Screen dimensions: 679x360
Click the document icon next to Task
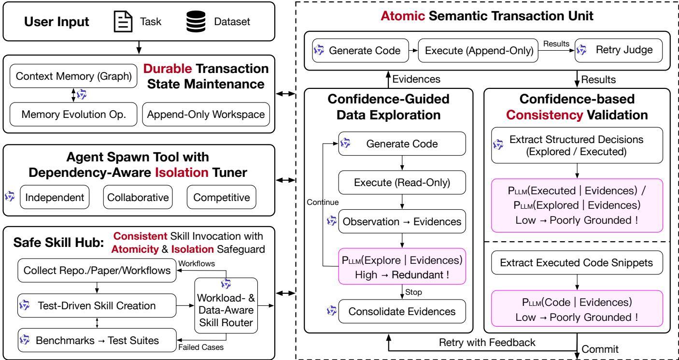[123, 22]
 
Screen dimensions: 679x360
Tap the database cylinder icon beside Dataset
[196, 22]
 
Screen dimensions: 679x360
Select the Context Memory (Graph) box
[73, 76]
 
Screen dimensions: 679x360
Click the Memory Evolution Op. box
[73, 115]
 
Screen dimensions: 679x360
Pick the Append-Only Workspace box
[206, 115]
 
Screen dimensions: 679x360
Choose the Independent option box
[55, 197]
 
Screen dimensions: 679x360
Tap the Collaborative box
[138, 197]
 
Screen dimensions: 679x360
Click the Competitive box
[222, 197]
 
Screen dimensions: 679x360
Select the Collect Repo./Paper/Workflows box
[97, 270]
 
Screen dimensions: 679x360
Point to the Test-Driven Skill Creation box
[97, 305]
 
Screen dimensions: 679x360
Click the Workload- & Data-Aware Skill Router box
[226, 306]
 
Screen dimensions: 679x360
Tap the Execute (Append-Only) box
[478, 50]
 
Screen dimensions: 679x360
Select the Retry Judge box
[619, 50]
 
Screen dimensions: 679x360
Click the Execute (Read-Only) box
[402, 182]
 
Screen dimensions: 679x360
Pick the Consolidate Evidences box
[402, 311]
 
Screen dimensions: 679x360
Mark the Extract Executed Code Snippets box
[577, 262]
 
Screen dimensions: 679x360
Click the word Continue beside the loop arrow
[323, 202]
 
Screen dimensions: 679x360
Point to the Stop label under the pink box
[413, 292]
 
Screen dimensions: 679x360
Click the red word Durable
[167, 69]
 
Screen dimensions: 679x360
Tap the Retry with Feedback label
[487, 343]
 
